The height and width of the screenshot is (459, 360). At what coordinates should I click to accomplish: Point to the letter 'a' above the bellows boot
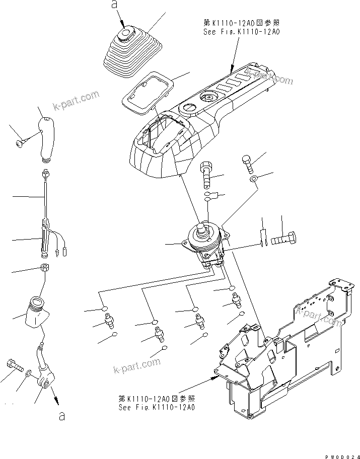(114, 6)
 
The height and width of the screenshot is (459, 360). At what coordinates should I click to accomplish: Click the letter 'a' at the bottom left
(61, 417)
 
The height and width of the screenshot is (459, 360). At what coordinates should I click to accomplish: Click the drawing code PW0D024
(340, 455)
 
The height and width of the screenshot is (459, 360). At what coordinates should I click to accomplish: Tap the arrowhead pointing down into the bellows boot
(123, 24)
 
